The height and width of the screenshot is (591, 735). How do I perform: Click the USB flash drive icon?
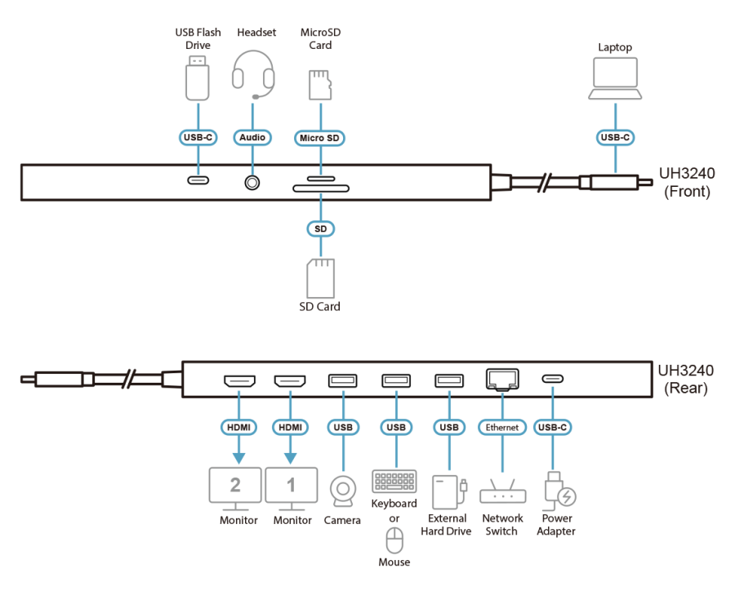(196, 77)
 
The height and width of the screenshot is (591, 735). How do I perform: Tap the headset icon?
(253, 74)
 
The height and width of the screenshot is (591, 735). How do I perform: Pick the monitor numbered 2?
(235, 487)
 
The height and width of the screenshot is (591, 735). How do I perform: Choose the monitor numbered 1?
(291, 487)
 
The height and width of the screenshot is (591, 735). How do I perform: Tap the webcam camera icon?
(344, 491)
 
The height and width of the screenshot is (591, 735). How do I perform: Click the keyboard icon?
(394, 482)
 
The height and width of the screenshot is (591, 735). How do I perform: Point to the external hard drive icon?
(446, 491)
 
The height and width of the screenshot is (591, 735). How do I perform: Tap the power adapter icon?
(559, 491)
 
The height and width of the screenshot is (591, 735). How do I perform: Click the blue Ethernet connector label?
(501, 427)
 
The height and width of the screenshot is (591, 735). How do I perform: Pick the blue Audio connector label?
(252, 138)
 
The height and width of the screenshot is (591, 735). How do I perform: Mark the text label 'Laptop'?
(615, 48)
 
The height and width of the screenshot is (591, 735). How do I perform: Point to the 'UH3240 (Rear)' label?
(686, 380)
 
